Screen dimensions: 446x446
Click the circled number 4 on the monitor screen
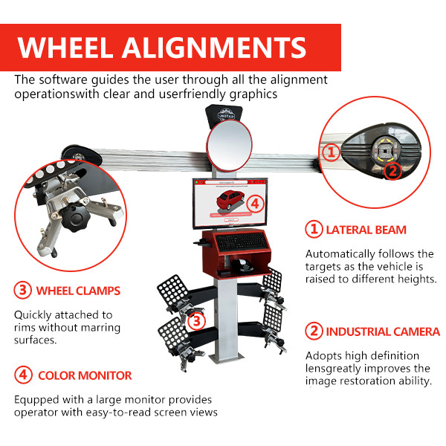click(x=254, y=203)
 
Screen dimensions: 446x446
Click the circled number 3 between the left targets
click(x=196, y=322)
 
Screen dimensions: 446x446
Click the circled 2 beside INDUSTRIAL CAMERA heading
click(x=314, y=332)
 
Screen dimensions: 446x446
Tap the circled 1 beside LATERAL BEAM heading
click(x=314, y=230)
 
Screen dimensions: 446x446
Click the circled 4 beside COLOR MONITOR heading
click(x=22, y=375)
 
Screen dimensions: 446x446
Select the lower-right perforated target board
click(x=273, y=320)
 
